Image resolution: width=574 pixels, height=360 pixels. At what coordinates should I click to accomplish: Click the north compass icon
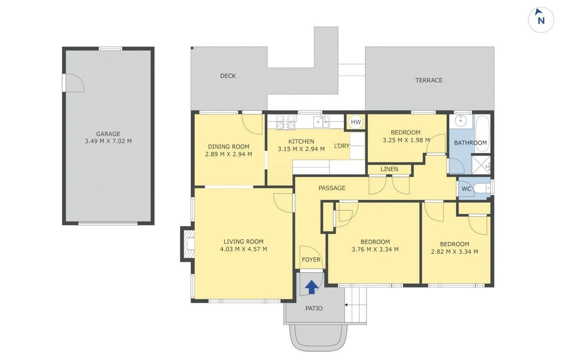541,20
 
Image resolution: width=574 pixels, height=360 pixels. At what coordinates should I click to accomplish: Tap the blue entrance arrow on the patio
312,287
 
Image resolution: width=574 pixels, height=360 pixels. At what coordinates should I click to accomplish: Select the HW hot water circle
356,122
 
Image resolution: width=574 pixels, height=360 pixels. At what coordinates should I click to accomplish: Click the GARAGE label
108,134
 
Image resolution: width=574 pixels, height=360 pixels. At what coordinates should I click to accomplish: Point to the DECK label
228,76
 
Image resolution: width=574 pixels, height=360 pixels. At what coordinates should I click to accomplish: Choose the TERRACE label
429,81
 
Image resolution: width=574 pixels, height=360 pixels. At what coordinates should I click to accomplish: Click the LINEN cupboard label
389,169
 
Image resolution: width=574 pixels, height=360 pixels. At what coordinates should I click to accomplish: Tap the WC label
466,189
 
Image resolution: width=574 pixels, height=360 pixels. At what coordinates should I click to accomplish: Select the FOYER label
311,260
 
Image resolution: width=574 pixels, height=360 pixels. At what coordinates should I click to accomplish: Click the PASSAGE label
332,188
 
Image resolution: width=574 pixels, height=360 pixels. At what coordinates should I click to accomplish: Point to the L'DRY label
342,146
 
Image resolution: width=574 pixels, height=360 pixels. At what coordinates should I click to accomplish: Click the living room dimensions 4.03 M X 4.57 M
244,249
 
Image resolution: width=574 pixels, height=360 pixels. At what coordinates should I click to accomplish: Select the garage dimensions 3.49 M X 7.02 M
108,141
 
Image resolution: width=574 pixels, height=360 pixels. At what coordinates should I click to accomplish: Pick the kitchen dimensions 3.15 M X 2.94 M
301,149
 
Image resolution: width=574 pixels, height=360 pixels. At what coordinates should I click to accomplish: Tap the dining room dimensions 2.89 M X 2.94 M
229,154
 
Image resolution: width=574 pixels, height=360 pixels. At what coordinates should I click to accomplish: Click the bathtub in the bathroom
483,134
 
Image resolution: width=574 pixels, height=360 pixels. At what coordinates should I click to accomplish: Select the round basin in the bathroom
461,121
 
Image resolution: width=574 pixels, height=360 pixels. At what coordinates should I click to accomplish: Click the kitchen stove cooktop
286,121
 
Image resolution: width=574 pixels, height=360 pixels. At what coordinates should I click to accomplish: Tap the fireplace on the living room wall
188,244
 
